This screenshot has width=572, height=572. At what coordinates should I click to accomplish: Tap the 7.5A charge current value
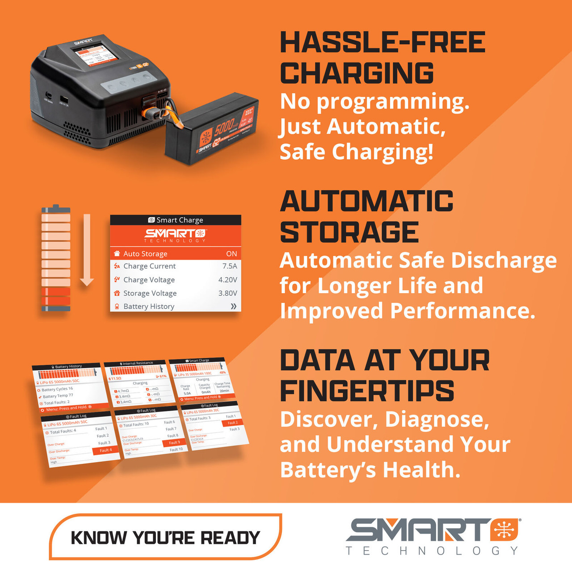230,266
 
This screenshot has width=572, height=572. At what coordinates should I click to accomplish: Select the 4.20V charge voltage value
227,280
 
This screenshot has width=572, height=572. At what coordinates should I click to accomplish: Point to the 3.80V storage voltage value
227,293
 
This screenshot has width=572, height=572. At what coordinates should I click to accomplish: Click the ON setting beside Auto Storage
231,254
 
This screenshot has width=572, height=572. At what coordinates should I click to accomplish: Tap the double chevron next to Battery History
233,307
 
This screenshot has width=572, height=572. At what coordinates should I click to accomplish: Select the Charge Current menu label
149,266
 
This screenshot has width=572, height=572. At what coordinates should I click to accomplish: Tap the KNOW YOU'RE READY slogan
165,538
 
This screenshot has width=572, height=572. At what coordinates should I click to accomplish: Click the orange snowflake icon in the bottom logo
504,530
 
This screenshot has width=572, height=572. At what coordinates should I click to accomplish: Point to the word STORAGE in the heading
349,232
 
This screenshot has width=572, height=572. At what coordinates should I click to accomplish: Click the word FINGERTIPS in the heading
367,392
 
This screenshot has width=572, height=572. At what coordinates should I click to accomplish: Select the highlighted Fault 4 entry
105,450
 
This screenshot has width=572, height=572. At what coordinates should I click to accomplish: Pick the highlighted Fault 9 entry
174,442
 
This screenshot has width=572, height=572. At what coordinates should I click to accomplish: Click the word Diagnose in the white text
437,420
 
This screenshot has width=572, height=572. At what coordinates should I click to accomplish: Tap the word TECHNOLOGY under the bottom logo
432,551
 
